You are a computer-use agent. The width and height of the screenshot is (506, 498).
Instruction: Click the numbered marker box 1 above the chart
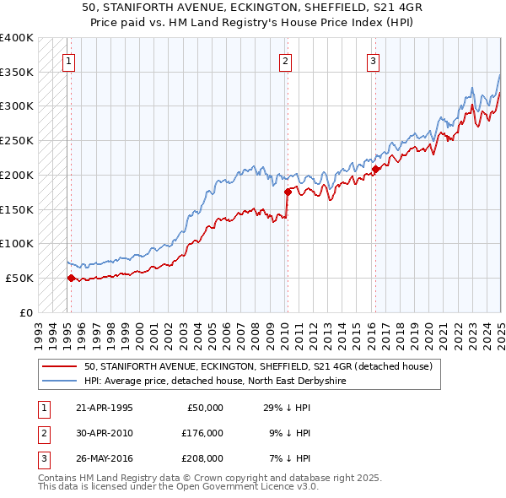67,60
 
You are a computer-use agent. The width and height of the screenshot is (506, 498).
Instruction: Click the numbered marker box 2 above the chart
286,60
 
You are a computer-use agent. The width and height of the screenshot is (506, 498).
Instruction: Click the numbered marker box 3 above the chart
373,60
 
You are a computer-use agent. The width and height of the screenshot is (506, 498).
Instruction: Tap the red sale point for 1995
71,277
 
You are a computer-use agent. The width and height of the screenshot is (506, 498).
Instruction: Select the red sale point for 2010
288,191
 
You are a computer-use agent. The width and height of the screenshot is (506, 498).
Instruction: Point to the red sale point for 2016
375,169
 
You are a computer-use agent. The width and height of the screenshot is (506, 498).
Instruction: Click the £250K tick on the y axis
17,140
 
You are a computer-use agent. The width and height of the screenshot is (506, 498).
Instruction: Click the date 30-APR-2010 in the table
104,433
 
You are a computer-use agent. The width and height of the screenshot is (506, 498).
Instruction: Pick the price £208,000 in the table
202,458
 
